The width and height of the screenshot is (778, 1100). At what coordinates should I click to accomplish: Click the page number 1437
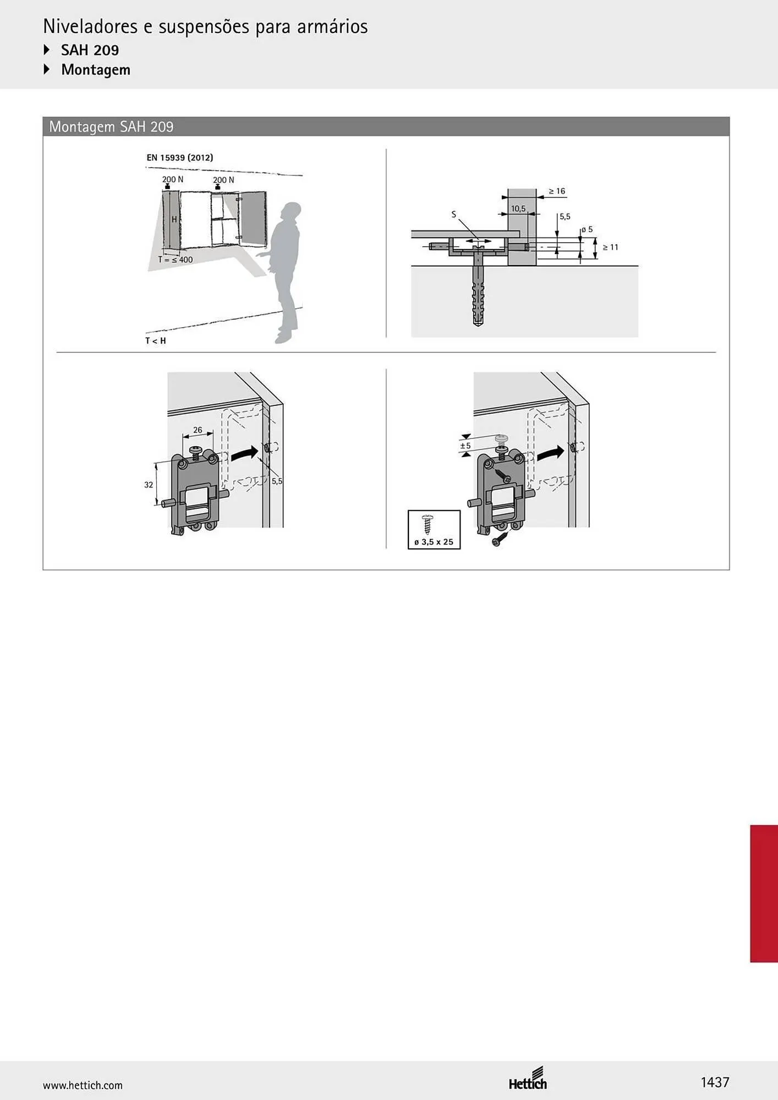pyautogui.click(x=715, y=1082)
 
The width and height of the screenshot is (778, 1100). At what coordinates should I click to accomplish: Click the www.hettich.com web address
pyautogui.click(x=83, y=1085)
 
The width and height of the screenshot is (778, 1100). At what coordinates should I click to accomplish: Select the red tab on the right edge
pyautogui.click(x=764, y=893)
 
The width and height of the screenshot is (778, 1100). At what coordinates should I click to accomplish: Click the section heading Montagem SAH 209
pyautogui.click(x=111, y=127)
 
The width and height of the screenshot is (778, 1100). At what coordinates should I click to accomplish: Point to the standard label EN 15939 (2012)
pyautogui.click(x=180, y=157)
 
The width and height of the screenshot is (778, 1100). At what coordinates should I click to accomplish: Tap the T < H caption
pyautogui.click(x=156, y=341)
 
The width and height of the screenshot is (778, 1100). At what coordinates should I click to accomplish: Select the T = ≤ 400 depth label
pyautogui.click(x=176, y=260)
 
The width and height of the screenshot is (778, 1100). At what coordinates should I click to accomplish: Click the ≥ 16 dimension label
pyautogui.click(x=557, y=191)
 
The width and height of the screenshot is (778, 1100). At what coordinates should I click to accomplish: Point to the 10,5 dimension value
pyautogui.click(x=518, y=208)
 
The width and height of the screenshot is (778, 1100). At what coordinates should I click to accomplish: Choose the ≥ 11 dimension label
pyautogui.click(x=610, y=248)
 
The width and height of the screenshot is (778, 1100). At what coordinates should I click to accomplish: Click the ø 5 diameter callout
pyautogui.click(x=587, y=229)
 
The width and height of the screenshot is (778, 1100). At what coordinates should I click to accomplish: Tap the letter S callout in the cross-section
pyautogui.click(x=454, y=215)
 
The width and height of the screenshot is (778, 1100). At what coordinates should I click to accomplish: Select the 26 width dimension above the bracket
pyautogui.click(x=198, y=430)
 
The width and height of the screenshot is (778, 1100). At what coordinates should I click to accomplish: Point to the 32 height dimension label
pyautogui.click(x=149, y=485)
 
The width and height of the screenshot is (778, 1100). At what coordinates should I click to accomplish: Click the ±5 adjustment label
pyautogui.click(x=465, y=446)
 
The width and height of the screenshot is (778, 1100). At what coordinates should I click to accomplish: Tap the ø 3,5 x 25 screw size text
pyautogui.click(x=434, y=542)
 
